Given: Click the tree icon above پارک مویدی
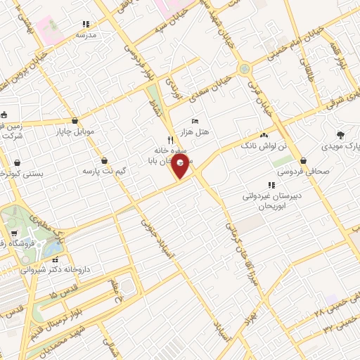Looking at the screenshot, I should pos(342,134).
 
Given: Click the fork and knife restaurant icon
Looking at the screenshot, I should pos(169,139).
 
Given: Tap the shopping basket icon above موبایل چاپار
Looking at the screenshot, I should pos(74,120).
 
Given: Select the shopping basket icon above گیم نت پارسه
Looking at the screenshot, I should pos(104,160).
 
